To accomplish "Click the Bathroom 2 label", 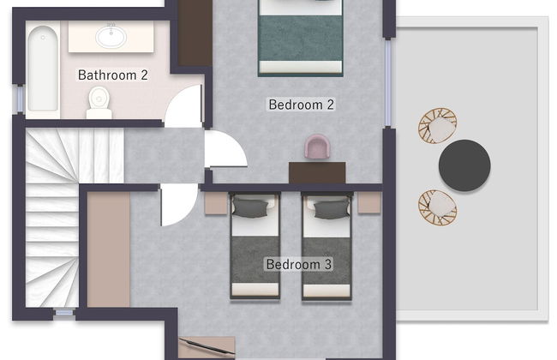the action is pos(112,75).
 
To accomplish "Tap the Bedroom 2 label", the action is pos(302,105).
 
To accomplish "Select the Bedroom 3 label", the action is pos(299,264).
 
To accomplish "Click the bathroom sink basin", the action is pos(111,36).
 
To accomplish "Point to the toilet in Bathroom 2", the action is pos(99,103).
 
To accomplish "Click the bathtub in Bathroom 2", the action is pos(43,69).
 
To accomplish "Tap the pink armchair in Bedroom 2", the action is pos(317,146).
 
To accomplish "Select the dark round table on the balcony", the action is pos(464,165).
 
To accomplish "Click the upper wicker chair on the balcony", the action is pos(438,126).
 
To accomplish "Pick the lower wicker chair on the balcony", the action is pos(438,208).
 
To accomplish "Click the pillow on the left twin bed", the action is pos(249,208).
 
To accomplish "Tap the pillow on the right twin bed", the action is pos(332,209).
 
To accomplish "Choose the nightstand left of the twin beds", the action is pos(216,203).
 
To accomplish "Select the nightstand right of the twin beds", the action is pos(369,202).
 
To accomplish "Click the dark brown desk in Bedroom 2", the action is pos(317,173).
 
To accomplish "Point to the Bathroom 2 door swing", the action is pos(184,106).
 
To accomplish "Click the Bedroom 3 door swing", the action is pos(179,205).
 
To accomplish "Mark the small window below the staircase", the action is pos(64,313).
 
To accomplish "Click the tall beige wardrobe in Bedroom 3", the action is pos(109,249).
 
